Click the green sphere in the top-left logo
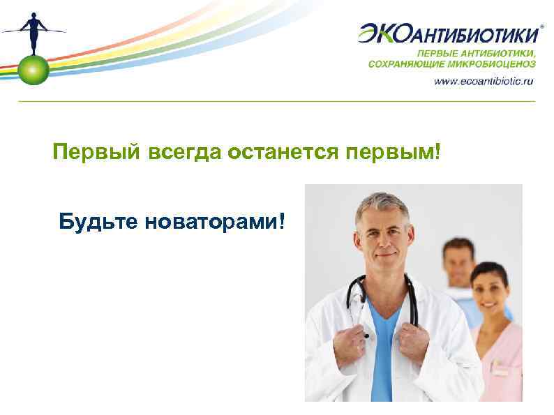[33, 68]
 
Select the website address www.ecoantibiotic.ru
[484, 81]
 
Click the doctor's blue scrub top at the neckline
[384, 322]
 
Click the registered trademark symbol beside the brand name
[543, 24]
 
